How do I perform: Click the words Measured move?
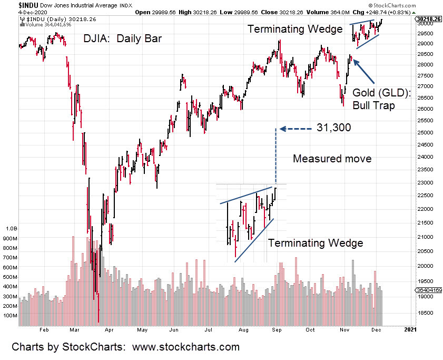(x=332, y=159)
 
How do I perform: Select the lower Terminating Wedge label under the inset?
(x=316, y=243)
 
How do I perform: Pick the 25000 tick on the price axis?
(x=422, y=133)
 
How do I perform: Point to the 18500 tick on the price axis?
(x=422, y=313)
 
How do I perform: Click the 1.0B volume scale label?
(x=12, y=229)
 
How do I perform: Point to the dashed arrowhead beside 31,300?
(x=282, y=128)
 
